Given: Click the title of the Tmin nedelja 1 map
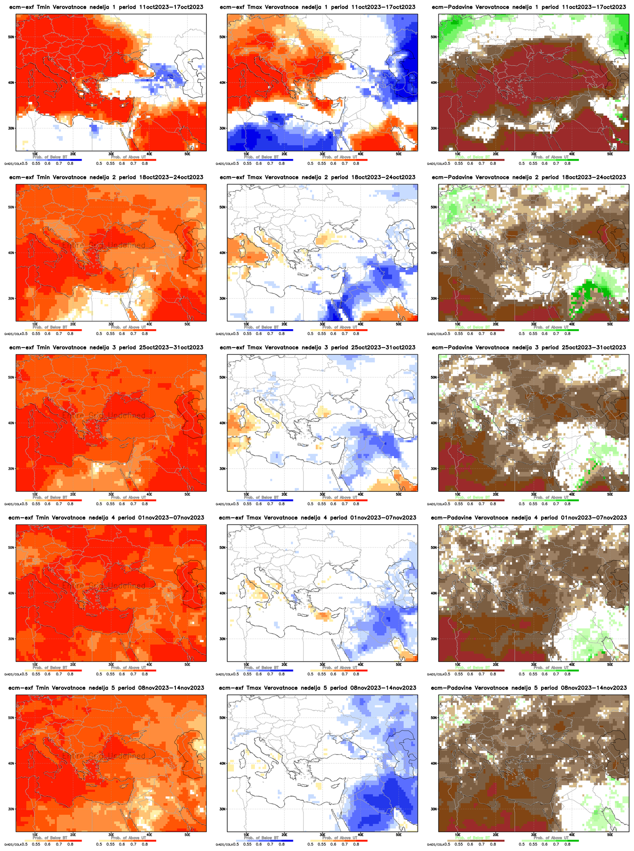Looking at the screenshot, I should (106, 7).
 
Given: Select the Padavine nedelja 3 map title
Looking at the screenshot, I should (528, 348).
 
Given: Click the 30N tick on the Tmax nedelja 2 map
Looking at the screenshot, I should (223, 298).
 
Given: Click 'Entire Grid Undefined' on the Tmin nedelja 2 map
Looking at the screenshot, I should (104, 246).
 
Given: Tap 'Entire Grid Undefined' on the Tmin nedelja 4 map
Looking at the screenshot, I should (104, 586).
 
